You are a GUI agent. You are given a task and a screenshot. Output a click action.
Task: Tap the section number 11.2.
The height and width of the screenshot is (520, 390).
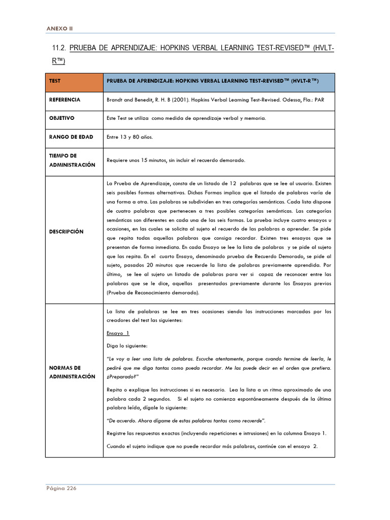pyautogui.click(x=59, y=48)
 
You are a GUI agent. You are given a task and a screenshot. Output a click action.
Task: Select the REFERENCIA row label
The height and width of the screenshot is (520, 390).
pyautogui.click(x=64, y=100)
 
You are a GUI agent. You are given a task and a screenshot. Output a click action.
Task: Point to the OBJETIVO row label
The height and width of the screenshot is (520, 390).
pyautogui.click(x=62, y=118)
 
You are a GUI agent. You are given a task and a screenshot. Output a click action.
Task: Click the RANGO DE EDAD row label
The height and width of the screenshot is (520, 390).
pyautogui.click(x=71, y=137)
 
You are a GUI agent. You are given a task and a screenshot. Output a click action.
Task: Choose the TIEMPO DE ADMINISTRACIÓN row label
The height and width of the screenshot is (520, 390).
pyautogui.click(x=72, y=160)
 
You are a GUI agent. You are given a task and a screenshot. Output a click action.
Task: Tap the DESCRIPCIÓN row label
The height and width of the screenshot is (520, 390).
pyautogui.click(x=66, y=231)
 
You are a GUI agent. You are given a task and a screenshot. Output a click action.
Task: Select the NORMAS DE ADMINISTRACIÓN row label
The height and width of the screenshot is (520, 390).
pyautogui.click(x=72, y=372)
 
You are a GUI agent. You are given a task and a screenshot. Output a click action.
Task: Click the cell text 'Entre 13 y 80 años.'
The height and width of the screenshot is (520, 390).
pyautogui.click(x=129, y=137)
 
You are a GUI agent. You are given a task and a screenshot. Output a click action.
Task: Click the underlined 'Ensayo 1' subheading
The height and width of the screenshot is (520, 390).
pyautogui.click(x=118, y=333)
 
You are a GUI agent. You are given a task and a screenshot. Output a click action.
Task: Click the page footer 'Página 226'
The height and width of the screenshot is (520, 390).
pyautogui.click(x=61, y=488)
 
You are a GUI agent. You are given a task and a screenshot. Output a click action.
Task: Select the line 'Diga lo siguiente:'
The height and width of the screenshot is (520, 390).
pyautogui.click(x=127, y=345)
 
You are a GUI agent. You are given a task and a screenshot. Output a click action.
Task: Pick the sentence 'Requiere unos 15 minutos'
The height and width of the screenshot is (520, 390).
pyautogui.click(x=176, y=160)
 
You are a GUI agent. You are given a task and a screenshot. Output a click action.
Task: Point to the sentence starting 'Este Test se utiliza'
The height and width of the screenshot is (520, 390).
pyautogui.click(x=186, y=118)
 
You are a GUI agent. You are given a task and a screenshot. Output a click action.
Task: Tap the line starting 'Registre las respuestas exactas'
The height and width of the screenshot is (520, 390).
pyautogui.click(x=216, y=433)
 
